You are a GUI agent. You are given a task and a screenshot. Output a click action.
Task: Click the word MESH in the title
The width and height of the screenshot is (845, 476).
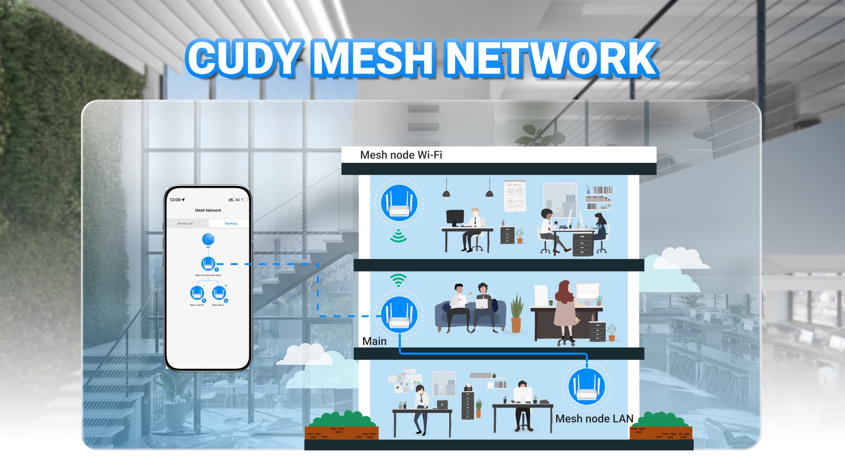point(373,58)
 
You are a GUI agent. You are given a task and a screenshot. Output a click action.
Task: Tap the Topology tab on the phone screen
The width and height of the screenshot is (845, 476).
point(231,224)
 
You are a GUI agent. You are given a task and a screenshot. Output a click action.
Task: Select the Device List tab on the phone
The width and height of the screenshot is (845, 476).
point(185,224)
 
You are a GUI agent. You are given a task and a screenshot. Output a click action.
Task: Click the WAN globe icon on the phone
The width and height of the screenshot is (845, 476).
point(208,239)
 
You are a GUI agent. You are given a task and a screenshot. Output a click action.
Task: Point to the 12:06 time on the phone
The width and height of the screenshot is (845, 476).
point(175,200)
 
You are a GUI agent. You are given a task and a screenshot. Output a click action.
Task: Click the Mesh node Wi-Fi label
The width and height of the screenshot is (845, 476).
point(401,155)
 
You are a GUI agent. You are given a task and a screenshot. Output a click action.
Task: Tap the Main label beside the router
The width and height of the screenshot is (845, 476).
point(374,341)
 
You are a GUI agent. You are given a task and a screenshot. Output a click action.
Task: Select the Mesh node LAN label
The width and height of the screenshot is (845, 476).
point(594,419)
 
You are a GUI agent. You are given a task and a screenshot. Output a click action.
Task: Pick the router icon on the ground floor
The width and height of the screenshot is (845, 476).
point(586,387)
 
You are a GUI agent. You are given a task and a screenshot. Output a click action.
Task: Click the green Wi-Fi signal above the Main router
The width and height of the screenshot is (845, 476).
point(398,280)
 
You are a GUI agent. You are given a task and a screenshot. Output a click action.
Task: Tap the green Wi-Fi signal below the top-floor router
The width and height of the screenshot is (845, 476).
point(398,236)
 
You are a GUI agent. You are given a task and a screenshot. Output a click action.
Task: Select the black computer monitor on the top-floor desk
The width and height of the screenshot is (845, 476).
point(455,217)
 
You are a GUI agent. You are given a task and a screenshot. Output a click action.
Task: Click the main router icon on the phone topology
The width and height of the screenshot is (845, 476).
point(208,264)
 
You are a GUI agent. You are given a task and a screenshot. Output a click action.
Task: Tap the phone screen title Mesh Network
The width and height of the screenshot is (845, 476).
point(208,210)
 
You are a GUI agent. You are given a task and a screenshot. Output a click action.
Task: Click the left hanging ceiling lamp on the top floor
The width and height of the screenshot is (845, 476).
point(446,193)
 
